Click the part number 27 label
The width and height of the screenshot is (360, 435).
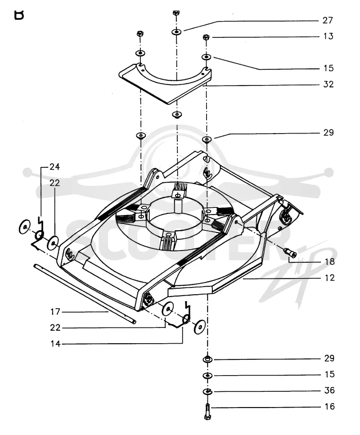click(328, 20)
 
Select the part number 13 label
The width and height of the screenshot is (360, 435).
click(328, 36)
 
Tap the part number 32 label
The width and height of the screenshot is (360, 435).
click(328, 84)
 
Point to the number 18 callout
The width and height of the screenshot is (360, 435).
click(329, 262)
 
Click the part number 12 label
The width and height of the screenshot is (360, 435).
click(329, 278)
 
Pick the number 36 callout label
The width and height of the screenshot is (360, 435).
click(329, 390)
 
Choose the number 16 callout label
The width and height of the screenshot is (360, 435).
click(329, 406)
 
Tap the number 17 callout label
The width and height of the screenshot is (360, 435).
click(55, 312)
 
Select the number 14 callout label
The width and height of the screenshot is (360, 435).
click(55, 344)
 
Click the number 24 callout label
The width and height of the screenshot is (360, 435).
click(55, 167)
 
